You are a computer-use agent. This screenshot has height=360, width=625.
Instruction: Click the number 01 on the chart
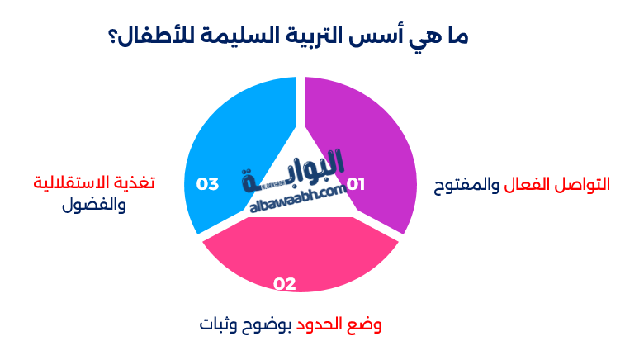click(x=355, y=184)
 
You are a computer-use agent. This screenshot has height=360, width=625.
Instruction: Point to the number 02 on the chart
click(x=285, y=284)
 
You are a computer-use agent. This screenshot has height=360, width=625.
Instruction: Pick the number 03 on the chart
click(x=207, y=183)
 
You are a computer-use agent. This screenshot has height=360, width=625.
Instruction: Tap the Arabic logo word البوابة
click(x=295, y=169)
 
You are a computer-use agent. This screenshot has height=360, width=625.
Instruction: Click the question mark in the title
click(x=113, y=37)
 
